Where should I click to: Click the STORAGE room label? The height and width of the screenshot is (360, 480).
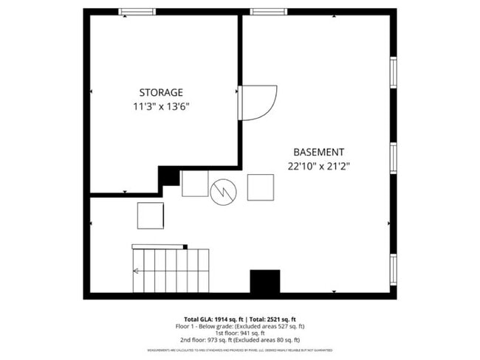(161, 92)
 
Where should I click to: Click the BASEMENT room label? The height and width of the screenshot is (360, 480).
(318, 151)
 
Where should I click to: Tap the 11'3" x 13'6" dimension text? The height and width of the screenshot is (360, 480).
(161, 107)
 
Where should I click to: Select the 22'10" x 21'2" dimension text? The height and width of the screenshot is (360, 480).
(318, 166)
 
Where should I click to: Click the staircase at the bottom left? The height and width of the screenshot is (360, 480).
(171, 270)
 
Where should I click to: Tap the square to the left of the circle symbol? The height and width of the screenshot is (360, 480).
(195, 184)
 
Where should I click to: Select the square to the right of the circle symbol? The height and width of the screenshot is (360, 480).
(260, 187)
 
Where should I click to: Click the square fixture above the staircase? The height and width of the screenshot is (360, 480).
(151, 215)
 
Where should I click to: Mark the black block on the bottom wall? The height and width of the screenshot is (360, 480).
(264, 282)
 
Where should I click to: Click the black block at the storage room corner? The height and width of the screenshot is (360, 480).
(170, 176)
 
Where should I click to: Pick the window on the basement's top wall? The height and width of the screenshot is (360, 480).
(262, 12)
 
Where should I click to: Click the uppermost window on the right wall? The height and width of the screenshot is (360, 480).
(394, 72)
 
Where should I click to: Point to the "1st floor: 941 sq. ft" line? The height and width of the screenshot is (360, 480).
(240, 333)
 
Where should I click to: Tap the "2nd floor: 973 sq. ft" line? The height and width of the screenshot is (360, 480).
(239, 340)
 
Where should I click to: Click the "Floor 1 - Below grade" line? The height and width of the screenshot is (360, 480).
(240, 325)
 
